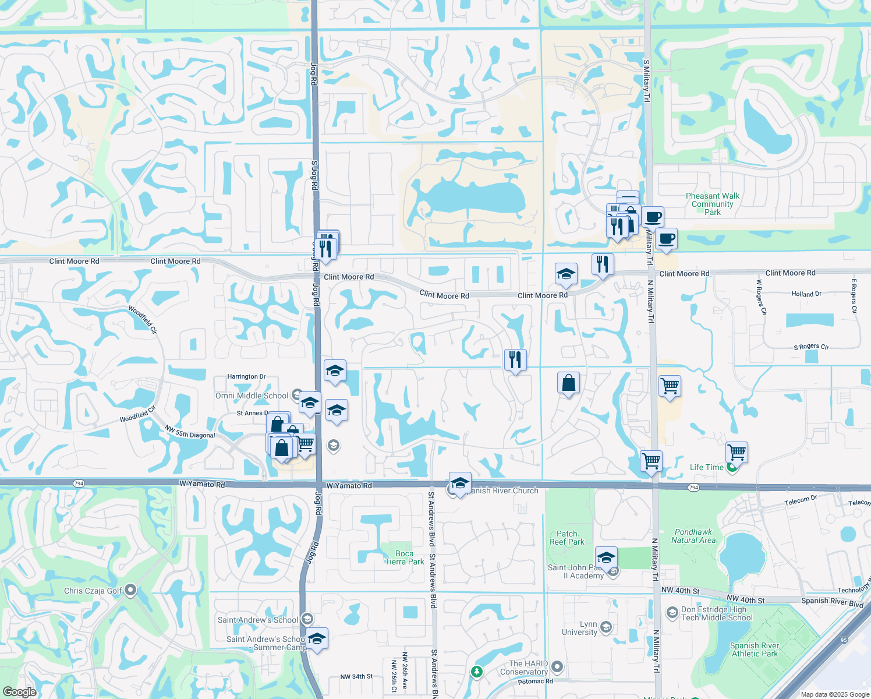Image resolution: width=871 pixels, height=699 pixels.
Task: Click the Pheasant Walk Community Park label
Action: point(713,204)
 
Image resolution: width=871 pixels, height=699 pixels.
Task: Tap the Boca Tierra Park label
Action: point(404,558)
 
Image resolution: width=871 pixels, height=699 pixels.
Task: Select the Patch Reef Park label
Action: point(566,538)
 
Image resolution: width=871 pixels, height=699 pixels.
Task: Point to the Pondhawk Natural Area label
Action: point(693,536)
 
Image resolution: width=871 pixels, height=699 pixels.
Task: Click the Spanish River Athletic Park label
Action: point(755,649)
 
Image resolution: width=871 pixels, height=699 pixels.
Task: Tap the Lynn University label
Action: point(579,628)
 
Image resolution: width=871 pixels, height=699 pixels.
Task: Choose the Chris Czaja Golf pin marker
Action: point(130,590)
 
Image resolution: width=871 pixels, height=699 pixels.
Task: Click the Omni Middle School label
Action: point(252,396)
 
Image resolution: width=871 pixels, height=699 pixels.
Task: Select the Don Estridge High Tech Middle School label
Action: point(717,613)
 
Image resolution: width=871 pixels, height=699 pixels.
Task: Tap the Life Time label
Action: point(706,467)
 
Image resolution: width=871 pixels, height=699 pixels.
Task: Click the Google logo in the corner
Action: point(19,692)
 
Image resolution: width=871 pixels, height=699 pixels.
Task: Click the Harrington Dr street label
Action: point(246,377)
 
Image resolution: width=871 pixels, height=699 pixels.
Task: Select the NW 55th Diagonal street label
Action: point(190,432)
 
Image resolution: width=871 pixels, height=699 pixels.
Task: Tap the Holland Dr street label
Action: point(806,294)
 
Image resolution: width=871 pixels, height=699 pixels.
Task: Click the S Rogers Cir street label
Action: point(811,347)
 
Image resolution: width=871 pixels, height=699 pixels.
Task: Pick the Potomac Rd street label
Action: point(535,682)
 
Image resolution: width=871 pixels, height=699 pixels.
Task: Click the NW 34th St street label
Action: point(356,677)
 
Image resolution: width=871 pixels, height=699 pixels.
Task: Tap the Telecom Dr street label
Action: point(801,500)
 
